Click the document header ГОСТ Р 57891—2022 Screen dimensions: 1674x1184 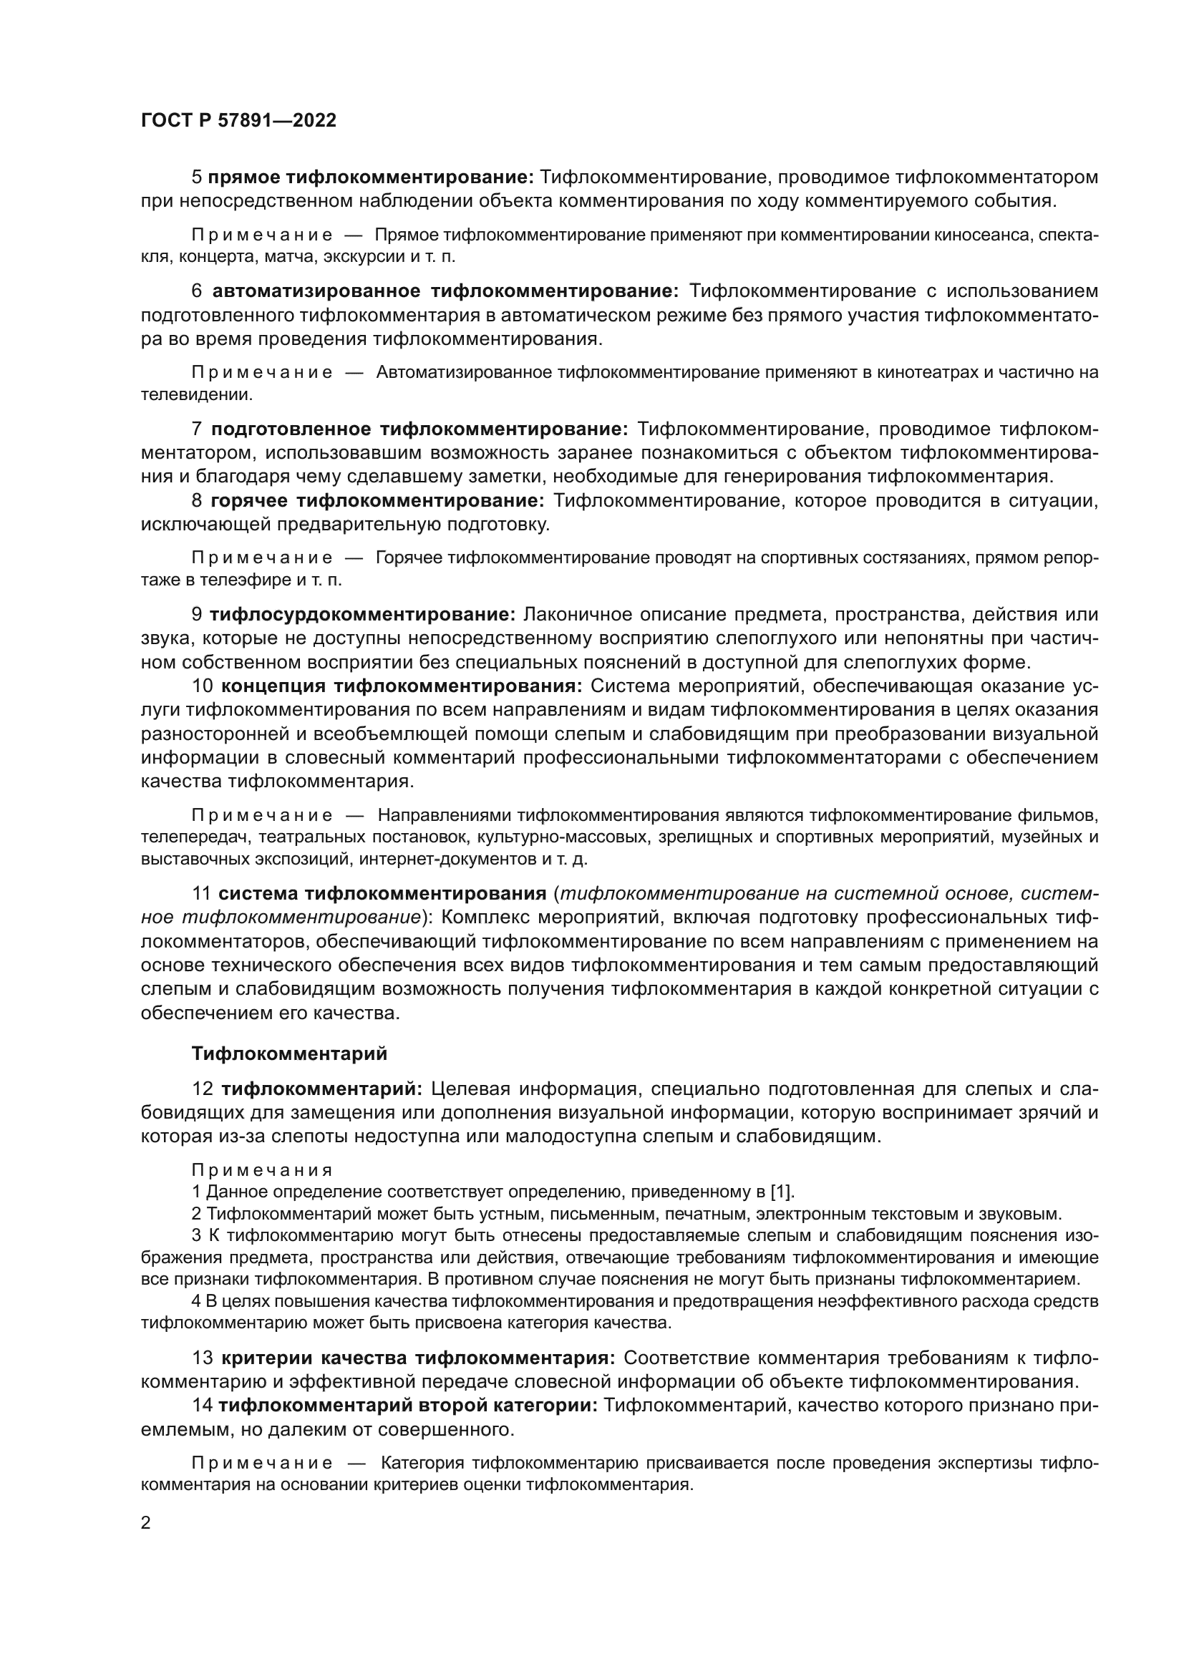point(238,121)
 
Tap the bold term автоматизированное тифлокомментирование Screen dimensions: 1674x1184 point(445,291)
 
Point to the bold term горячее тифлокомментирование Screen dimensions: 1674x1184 point(378,501)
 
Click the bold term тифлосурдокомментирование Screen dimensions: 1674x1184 point(363,615)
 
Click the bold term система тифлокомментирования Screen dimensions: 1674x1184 point(382,894)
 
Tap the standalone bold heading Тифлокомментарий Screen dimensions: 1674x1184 point(289,1053)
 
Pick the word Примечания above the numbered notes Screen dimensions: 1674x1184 point(262,1170)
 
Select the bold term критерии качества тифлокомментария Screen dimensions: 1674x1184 point(419,1358)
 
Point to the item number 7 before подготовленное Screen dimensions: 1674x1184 point(197,429)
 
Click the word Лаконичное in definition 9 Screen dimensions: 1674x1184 point(578,615)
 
